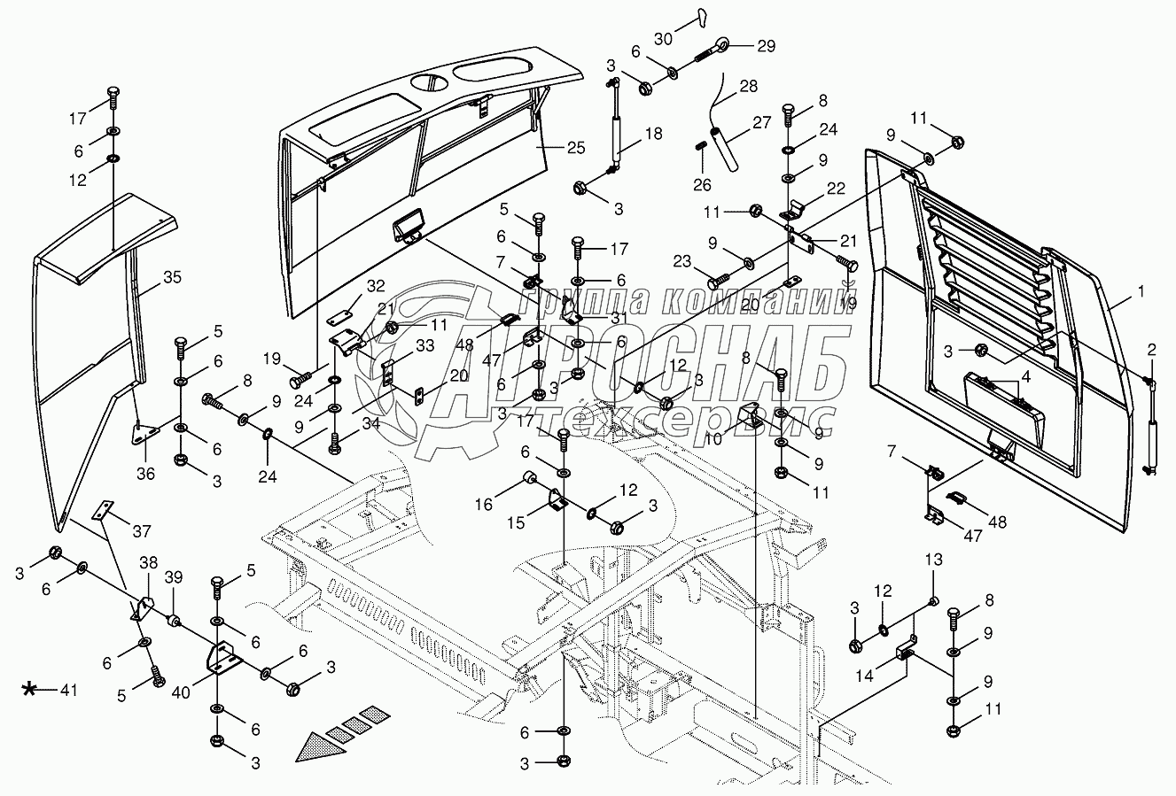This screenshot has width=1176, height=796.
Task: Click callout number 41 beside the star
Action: click(x=67, y=690)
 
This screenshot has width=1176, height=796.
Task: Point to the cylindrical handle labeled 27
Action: click(x=726, y=147)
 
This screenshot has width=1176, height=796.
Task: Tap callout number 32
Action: click(x=376, y=286)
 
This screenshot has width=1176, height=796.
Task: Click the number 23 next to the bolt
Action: click(x=681, y=262)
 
